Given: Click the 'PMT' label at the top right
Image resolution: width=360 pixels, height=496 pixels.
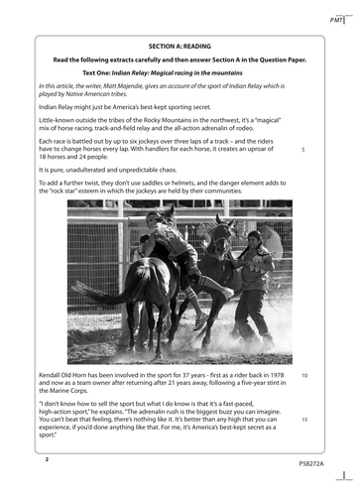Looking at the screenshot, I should pyautogui.click(x=336, y=20).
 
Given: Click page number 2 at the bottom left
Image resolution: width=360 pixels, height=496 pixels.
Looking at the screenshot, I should pyautogui.click(x=46, y=460).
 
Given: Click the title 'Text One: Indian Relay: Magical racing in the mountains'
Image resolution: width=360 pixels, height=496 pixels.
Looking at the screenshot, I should pyautogui.click(x=180, y=72).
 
